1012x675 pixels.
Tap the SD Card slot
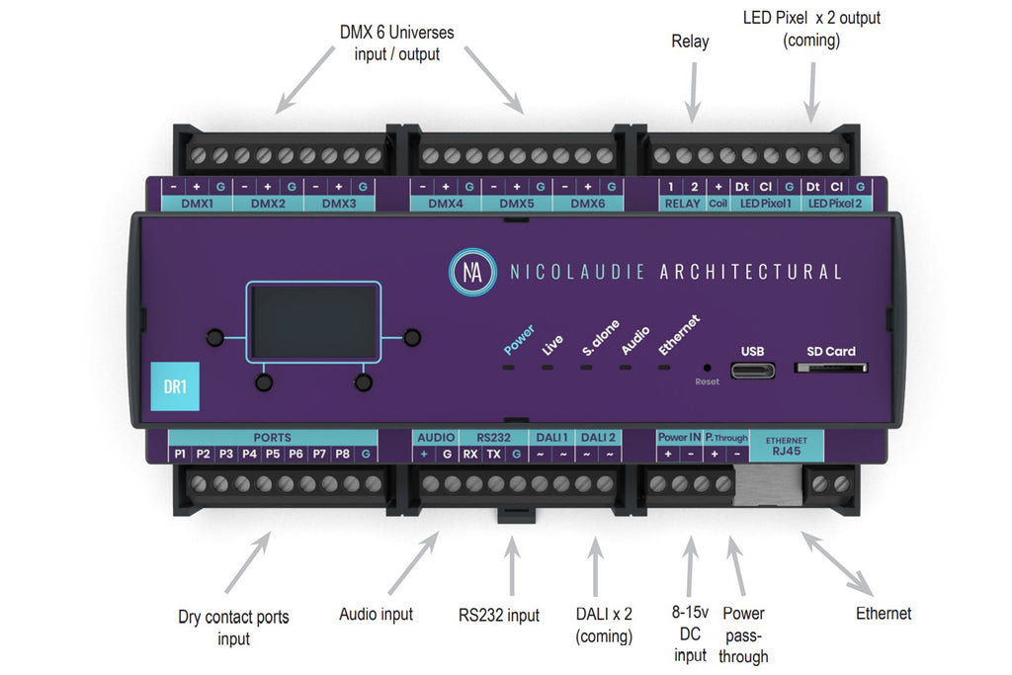(831, 369)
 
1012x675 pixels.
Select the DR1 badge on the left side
(175, 386)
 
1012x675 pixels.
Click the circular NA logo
(473, 271)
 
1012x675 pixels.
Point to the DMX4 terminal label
(446, 204)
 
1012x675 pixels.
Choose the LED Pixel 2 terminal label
(836, 204)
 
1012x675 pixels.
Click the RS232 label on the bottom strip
(492, 437)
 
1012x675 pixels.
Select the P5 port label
(273, 455)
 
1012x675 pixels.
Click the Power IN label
(679, 437)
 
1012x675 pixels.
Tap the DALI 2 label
(597, 437)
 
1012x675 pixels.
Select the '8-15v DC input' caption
(690, 634)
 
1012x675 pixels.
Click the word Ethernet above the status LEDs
(680, 335)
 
